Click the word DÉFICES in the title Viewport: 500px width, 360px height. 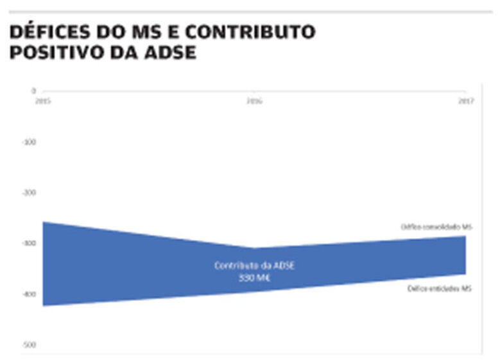tap(49, 31)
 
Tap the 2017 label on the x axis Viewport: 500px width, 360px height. tap(465, 100)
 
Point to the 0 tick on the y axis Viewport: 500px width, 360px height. tap(33, 91)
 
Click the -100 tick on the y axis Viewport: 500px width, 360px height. tap(29, 141)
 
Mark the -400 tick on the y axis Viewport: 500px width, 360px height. tap(29, 294)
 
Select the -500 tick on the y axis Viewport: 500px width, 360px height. tap(29, 345)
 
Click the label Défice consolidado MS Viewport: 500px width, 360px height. tap(436, 227)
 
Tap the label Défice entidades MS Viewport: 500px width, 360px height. tap(440, 289)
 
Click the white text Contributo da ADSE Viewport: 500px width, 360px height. tap(254, 266)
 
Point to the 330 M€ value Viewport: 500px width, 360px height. tap(254, 278)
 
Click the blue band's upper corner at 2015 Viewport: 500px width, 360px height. tap(44, 222)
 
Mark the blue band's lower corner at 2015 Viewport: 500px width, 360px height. tap(44, 305)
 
